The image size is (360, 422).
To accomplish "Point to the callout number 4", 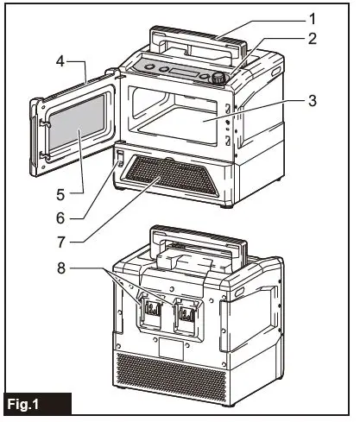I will pyautogui.click(x=60, y=63).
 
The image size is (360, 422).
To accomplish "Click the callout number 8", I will pyautogui.click(x=59, y=269).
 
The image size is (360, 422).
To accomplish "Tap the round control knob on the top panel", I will pyautogui.click(x=218, y=78).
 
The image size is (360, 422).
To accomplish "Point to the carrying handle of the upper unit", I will pyautogui.click(x=195, y=39).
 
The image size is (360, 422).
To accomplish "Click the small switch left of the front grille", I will pyautogui.click(x=122, y=160).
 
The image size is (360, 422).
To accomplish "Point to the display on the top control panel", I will pyautogui.click(x=181, y=70).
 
